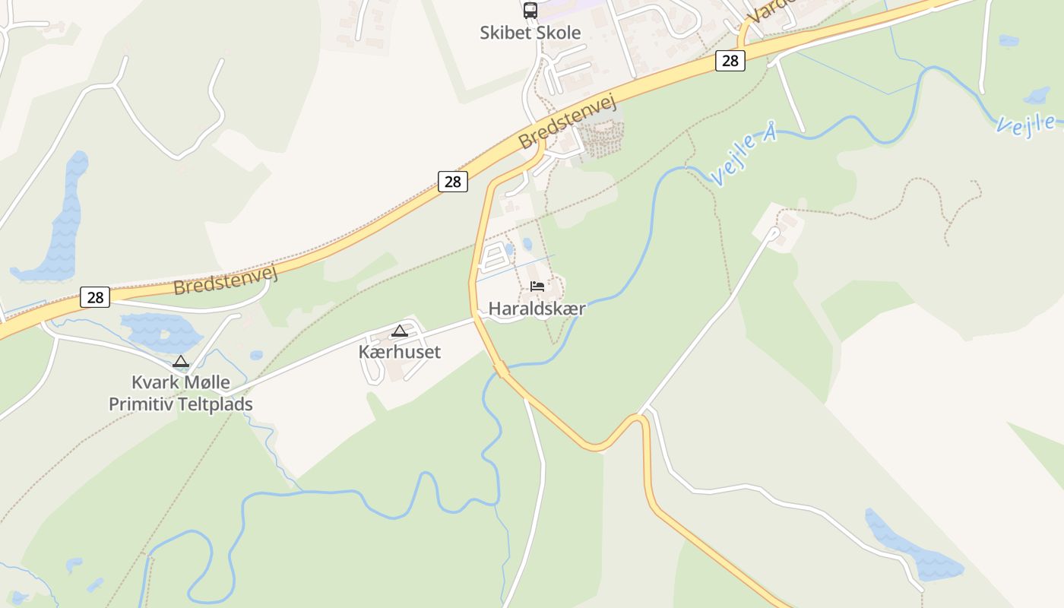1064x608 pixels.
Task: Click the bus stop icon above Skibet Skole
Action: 530,11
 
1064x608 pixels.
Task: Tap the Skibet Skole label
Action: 530,33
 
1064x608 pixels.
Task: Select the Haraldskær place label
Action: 537,309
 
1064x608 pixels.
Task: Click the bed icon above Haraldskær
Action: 537,287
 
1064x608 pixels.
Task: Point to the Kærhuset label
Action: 399,352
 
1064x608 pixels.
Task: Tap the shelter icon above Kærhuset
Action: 400,331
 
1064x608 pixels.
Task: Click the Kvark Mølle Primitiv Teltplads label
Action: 181,393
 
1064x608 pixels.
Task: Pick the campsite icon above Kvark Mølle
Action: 181,362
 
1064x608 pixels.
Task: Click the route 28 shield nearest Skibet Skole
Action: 730,61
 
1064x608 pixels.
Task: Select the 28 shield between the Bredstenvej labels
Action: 453,181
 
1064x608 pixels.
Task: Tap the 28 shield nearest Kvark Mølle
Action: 95,297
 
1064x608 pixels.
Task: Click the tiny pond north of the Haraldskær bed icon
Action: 527,245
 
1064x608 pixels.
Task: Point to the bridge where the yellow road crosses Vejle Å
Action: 501,370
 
